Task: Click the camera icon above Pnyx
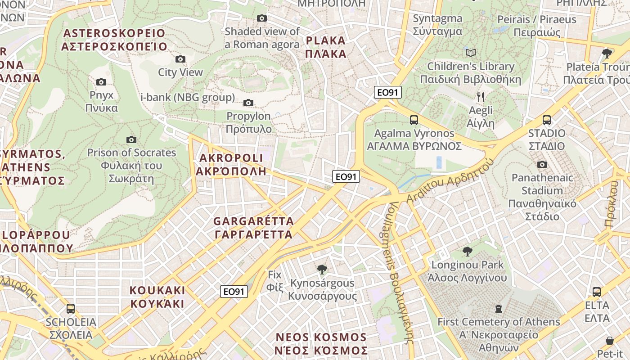tap(101, 82)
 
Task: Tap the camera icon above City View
tap(180, 59)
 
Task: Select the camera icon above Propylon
tap(248, 103)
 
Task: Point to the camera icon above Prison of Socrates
tap(131, 139)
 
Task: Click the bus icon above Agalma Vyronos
tap(414, 120)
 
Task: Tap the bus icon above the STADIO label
tap(547, 120)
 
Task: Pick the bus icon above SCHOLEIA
tap(71, 309)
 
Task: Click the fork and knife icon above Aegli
tap(481, 97)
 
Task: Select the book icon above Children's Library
tap(471, 53)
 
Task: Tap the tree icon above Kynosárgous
tap(322, 270)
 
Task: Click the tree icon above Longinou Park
tap(468, 251)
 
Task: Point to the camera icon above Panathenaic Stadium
tap(542, 164)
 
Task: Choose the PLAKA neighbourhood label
tap(326, 47)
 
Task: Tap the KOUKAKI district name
tap(157, 297)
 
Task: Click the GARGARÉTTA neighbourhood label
tap(253, 228)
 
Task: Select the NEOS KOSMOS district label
tap(321, 344)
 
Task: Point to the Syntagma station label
tap(437, 25)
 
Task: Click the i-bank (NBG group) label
tap(188, 97)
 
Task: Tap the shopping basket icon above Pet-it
tap(610, 340)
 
